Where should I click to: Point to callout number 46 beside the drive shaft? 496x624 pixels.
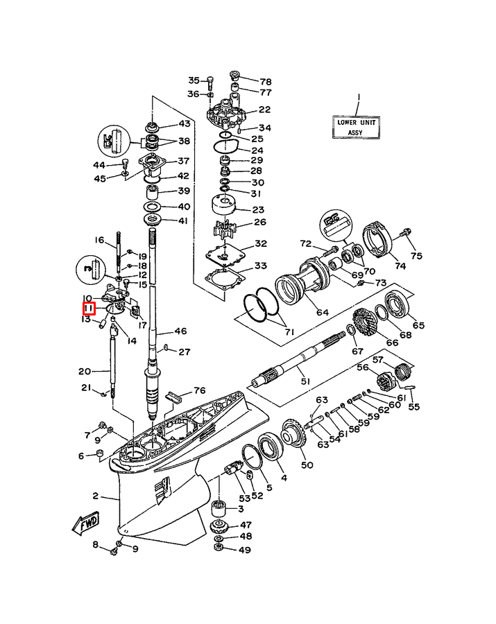pos(180,331)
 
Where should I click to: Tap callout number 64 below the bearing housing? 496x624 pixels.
pos(323,312)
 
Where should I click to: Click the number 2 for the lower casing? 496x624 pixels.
pos(97,496)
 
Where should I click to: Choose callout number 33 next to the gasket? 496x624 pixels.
pos(260,266)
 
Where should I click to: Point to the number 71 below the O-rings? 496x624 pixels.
pos(289,332)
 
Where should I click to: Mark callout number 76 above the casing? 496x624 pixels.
pos(199,390)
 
